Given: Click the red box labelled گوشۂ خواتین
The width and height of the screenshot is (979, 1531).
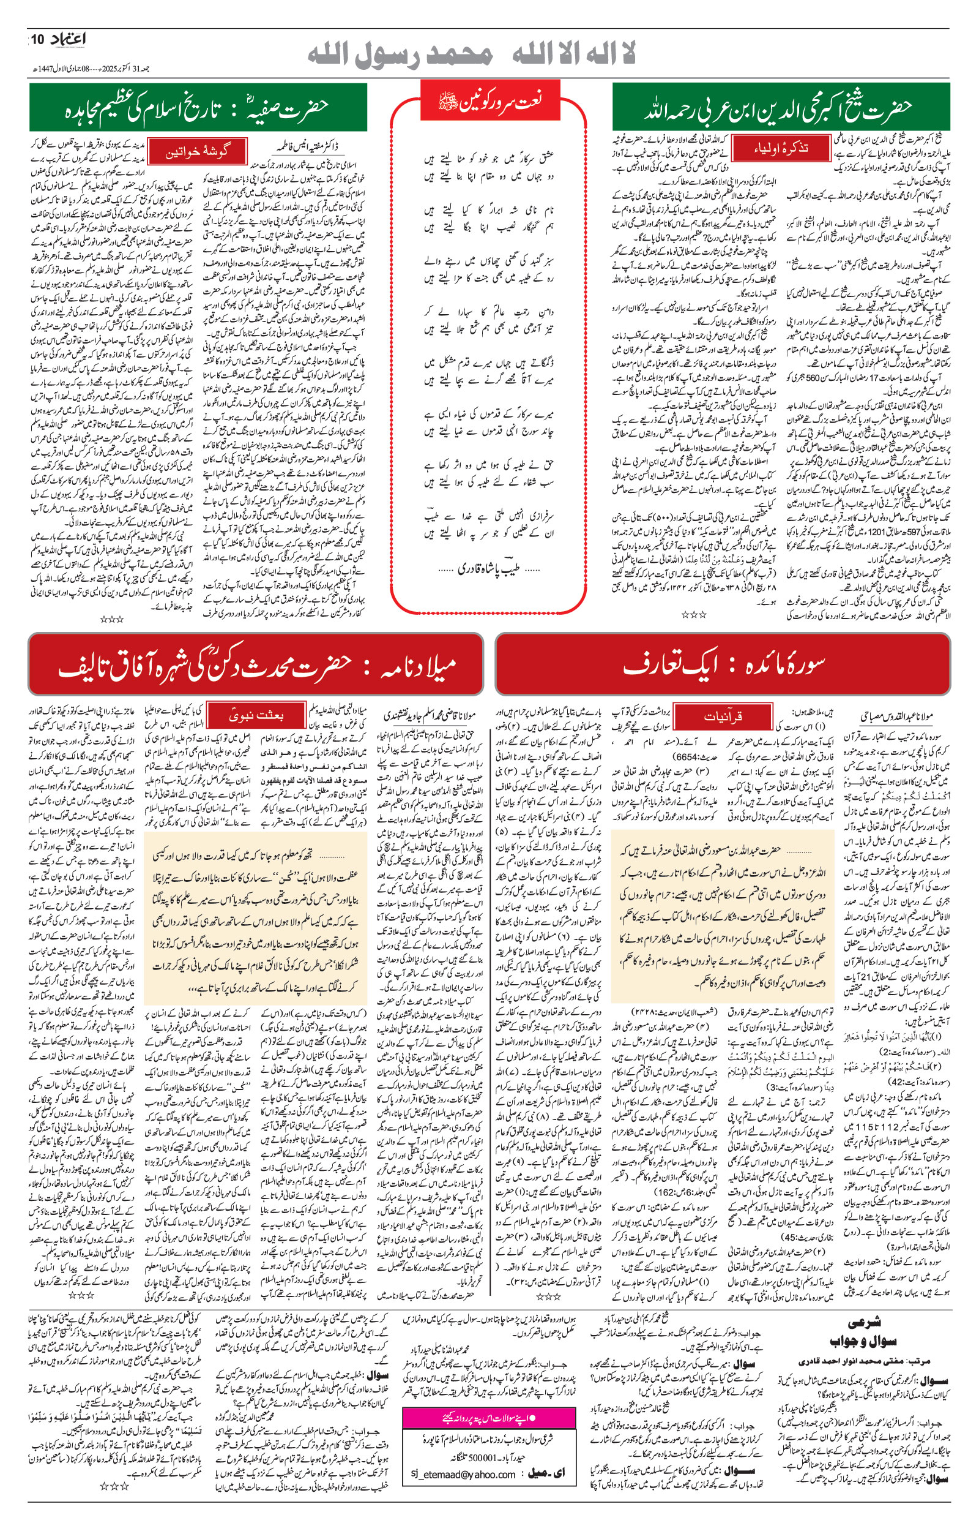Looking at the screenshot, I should click(196, 152).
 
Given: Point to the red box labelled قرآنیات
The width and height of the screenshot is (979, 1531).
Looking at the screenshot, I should click(722, 717).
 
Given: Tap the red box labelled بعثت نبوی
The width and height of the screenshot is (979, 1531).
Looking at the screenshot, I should click(256, 715).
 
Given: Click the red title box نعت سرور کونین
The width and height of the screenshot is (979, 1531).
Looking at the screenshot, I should click(490, 101).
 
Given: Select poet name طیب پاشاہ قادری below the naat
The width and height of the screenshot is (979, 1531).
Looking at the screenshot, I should click(489, 568).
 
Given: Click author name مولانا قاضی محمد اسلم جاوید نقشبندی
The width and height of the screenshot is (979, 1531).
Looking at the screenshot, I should click(430, 717).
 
